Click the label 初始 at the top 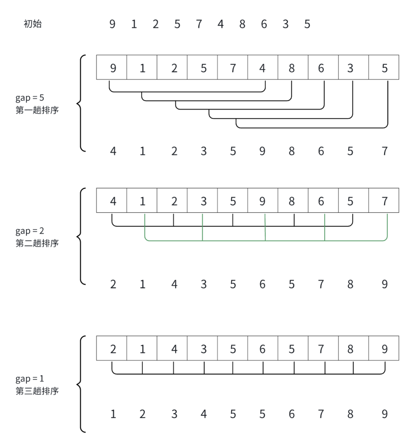(x=33, y=24)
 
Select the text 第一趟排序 (x=37, y=110)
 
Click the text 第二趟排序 (x=37, y=243)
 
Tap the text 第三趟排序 (x=37, y=391)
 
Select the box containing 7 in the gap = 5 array (x=233, y=68)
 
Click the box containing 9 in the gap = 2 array (x=262, y=201)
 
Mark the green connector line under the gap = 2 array (x=265, y=241)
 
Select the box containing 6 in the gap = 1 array (x=262, y=349)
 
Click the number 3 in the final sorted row (x=174, y=414)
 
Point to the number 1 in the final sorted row (x=113, y=414)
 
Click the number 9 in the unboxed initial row (x=112, y=24)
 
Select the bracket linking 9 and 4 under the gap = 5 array (x=186, y=91)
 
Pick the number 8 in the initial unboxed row (x=242, y=24)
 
